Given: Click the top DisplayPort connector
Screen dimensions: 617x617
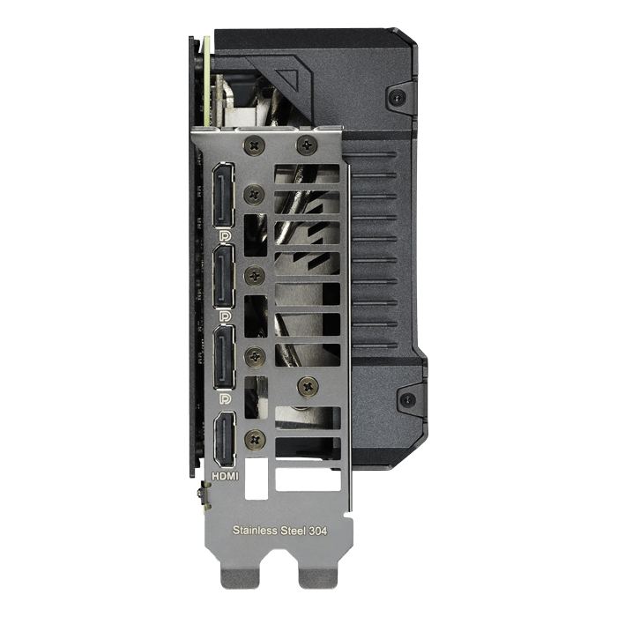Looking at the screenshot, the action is [x=223, y=195].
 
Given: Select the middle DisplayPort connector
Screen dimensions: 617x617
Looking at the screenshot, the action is [x=224, y=277].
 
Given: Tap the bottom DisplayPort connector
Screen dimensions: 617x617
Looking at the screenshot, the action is [x=224, y=358].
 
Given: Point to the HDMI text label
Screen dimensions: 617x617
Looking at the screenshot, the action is [x=225, y=476].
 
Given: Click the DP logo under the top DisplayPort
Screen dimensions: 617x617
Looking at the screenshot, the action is [x=225, y=236].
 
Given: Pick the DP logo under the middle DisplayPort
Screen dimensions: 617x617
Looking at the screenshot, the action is [x=225, y=316].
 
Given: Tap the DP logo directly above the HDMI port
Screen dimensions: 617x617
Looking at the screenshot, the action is [x=225, y=398].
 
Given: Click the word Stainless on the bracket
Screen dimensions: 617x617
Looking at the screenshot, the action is [x=255, y=530].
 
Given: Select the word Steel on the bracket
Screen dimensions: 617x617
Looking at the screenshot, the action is [x=294, y=531].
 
